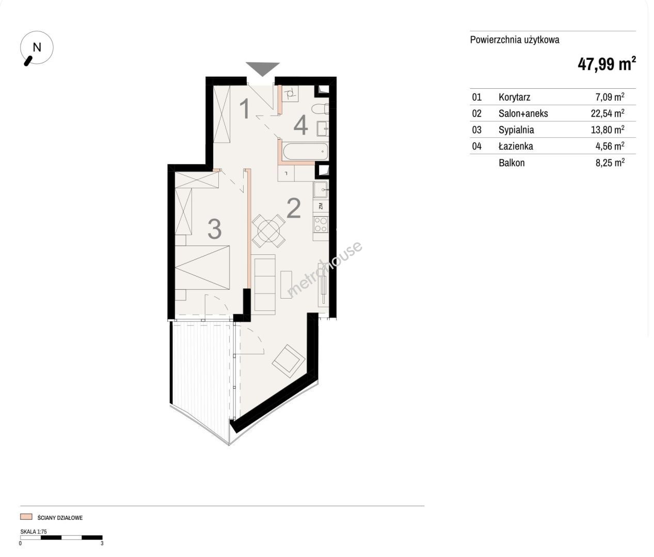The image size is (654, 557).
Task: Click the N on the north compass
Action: click(x=37, y=47)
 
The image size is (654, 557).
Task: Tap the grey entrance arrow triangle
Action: click(x=263, y=69)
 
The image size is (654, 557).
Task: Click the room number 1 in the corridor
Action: click(x=245, y=109)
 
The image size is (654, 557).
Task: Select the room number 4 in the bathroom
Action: click(x=300, y=125)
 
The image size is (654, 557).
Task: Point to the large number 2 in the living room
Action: click(x=294, y=208)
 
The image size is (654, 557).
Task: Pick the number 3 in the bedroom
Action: click(x=214, y=229)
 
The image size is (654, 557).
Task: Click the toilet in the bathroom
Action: click(x=320, y=109)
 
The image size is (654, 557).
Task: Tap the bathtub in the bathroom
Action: click(x=306, y=152)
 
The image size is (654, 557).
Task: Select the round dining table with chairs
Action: click(x=268, y=231)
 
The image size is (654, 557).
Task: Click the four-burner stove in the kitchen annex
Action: click(x=321, y=225)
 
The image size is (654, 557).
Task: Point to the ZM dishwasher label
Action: click(x=321, y=206)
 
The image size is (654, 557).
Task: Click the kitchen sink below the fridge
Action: click(x=321, y=190)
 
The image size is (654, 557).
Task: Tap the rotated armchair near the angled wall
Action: click(x=288, y=361)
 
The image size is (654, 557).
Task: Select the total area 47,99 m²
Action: click(x=607, y=64)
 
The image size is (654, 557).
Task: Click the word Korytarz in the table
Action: click(x=514, y=97)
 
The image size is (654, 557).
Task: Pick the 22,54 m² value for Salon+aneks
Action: click(x=608, y=113)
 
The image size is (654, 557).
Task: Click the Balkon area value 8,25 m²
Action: click(x=610, y=162)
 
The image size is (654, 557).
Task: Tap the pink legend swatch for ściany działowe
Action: click(x=26, y=517)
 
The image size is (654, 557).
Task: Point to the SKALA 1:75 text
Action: click(x=34, y=532)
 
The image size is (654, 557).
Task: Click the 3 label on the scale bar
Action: click(x=102, y=544)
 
